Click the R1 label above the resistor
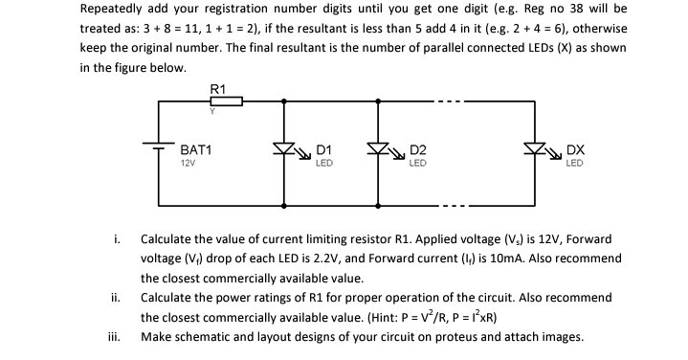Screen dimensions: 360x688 tap(217, 89)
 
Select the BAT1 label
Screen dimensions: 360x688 tap(195, 151)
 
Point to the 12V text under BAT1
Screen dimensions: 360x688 tap(188, 164)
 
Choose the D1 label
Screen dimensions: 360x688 tap(323, 151)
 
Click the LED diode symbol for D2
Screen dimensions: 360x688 tap(380, 150)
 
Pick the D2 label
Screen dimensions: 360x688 tap(417, 151)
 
